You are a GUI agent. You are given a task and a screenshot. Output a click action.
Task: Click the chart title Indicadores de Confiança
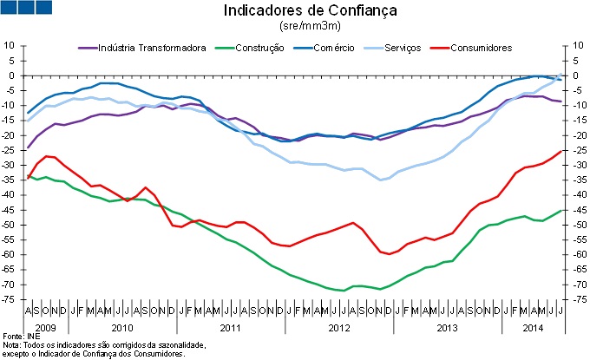298,11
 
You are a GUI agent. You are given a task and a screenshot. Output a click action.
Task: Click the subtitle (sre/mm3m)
298,27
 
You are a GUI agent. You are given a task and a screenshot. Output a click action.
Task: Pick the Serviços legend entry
402,47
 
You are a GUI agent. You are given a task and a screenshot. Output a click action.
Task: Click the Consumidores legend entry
482,47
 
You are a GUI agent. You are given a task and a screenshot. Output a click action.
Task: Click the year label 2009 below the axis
45,329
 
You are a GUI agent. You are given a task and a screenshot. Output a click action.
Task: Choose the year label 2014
533,329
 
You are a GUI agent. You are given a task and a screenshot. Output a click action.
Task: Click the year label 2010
121,329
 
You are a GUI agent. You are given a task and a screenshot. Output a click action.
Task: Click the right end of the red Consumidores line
561,150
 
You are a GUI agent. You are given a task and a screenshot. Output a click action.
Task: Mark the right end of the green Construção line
561,210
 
